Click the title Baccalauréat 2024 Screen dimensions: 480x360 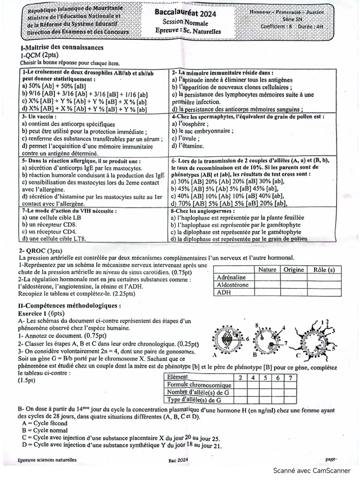(185, 14)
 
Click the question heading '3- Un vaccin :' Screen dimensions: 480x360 (39, 116)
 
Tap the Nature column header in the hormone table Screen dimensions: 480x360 (267, 270)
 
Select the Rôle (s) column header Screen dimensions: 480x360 (324, 270)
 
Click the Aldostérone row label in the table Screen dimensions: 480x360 (233, 285)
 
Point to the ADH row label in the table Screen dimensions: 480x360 (224, 292)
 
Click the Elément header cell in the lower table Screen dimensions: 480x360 (178, 377)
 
